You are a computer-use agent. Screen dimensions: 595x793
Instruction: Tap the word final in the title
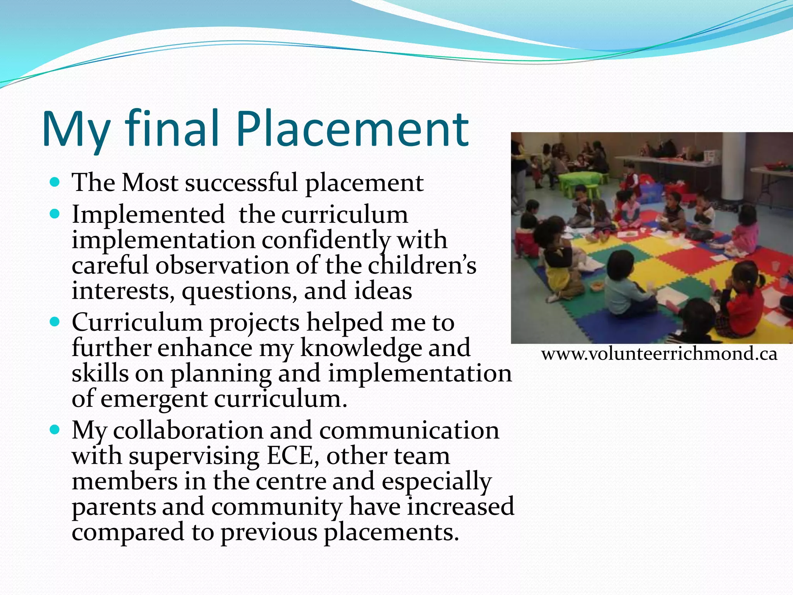[x=172, y=129]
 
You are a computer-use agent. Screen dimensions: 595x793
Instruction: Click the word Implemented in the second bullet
[x=148, y=214]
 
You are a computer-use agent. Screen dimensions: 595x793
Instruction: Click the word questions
[x=239, y=292]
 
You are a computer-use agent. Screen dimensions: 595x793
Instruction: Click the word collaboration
[x=188, y=430]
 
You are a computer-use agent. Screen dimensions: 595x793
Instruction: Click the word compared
[x=128, y=533]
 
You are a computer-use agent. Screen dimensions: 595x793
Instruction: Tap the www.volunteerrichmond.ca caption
[x=659, y=354]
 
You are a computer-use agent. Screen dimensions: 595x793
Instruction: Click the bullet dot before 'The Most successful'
[x=55, y=182]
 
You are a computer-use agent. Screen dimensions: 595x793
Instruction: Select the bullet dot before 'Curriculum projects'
[x=55, y=321]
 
